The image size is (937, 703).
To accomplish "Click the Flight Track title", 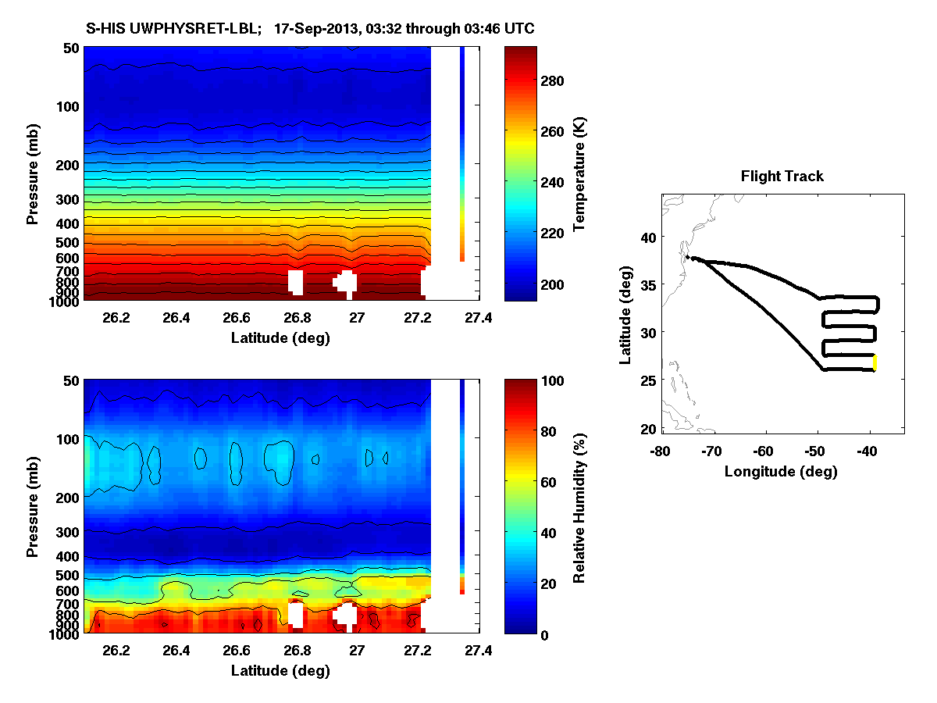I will click(x=782, y=177).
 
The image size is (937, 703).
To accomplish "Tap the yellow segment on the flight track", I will click(x=875, y=362).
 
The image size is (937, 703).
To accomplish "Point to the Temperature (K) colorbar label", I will click(x=579, y=174).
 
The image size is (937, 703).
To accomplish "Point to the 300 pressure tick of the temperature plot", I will click(x=69, y=199).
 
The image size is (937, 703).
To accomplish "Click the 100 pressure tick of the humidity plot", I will click(x=69, y=439).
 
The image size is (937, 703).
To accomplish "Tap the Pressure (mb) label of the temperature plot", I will click(x=33, y=174).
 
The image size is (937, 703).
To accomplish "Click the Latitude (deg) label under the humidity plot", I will click(x=280, y=671).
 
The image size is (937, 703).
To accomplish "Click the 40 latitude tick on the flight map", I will click(x=649, y=236).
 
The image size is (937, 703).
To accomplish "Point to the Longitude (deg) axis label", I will click(x=781, y=471).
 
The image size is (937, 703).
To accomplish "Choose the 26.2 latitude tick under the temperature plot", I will click(x=116, y=318).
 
